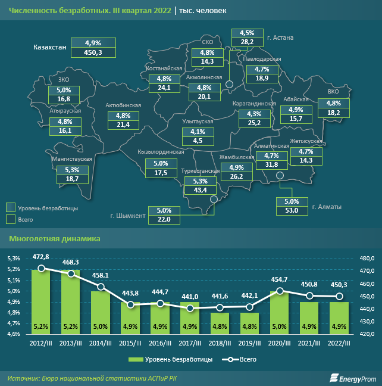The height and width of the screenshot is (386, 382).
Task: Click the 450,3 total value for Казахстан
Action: point(94,52)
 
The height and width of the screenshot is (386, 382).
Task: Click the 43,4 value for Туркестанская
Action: point(196,190)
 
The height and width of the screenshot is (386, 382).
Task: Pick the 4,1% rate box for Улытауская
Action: point(197,132)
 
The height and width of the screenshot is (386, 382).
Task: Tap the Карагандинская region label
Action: point(254,104)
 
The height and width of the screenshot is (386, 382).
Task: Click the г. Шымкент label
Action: point(128,216)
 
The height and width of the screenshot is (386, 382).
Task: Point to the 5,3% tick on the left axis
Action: point(13,259)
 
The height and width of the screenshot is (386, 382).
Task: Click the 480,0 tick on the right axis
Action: point(368,259)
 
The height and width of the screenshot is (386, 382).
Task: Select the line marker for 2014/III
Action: point(101,287)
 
